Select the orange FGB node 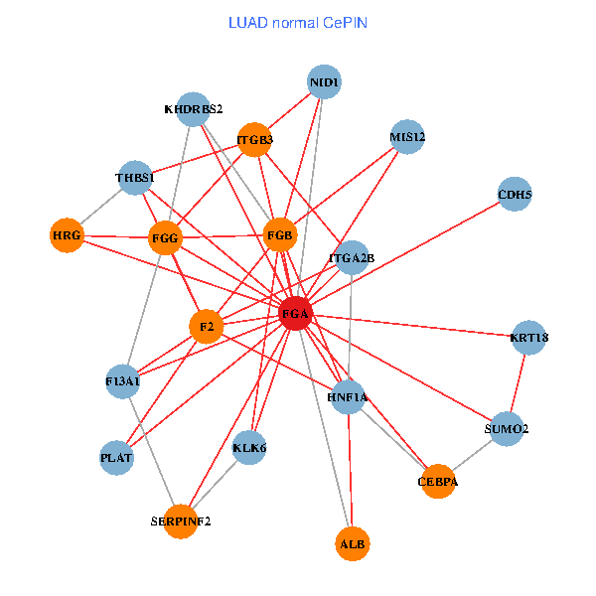point(280,235)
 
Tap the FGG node point(165,239)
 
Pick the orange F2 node point(206,326)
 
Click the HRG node point(67,235)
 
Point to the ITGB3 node point(255,140)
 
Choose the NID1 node point(325,81)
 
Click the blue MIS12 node point(407,137)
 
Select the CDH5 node point(515,196)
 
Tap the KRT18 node point(528,338)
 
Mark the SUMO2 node point(507,429)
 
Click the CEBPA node point(438,482)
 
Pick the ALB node point(352,544)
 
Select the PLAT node point(116,458)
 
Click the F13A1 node point(123,381)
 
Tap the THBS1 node point(135,179)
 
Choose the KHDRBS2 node point(194,109)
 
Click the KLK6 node point(249,448)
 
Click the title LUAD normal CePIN point(298,22)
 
